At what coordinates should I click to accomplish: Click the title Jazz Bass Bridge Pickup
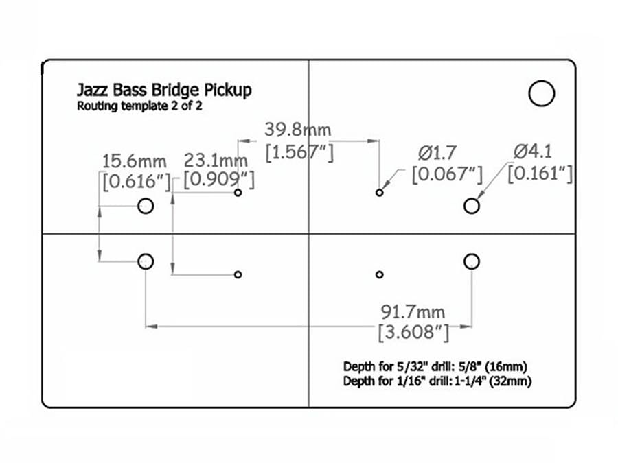[x=164, y=90]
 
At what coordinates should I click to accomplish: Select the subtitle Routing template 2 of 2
[x=139, y=106]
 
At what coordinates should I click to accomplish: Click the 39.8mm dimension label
[x=297, y=130]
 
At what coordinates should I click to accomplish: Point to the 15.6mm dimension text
[x=135, y=161]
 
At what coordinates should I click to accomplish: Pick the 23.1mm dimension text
[x=216, y=161]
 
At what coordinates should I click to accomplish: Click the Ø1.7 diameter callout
[x=437, y=153]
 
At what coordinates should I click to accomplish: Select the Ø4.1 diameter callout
[x=532, y=152]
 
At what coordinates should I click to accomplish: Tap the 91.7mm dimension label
[x=413, y=312]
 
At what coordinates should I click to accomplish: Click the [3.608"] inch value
[x=413, y=332]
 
